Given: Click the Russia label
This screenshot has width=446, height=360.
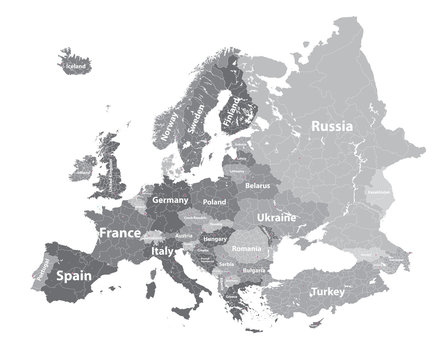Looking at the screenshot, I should tap(331, 126).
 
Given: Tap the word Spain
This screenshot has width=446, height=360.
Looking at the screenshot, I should tap(73, 274).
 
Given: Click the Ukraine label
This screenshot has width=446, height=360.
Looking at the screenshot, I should tap(276, 217).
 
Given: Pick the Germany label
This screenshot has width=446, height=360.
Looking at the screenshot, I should tap(170, 200).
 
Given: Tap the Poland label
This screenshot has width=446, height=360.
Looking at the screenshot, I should tap(214, 202).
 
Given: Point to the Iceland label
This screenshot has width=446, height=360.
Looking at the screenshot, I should tap(76, 66).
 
